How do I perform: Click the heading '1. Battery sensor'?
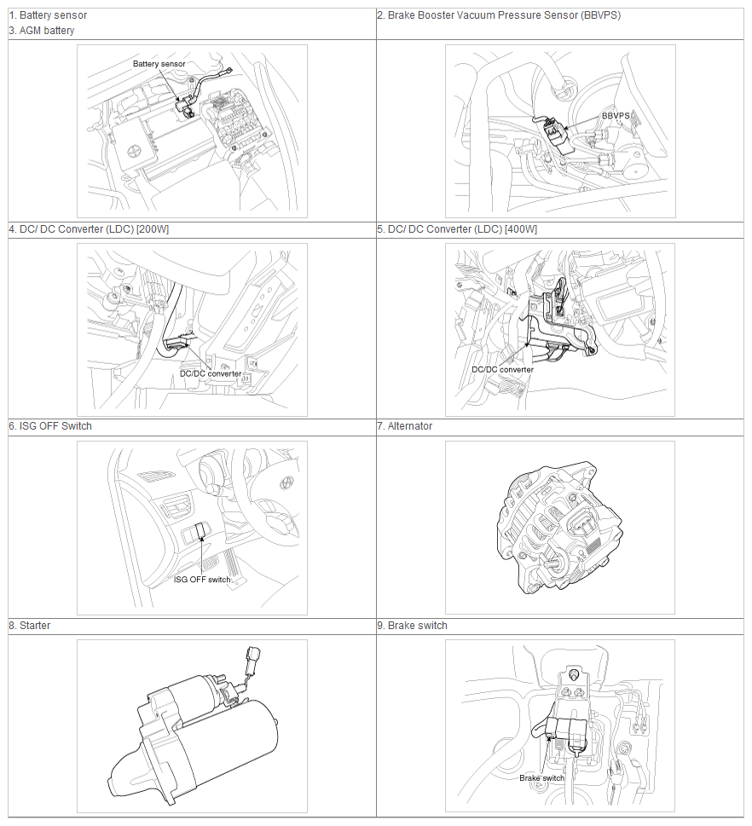pyautogui.click(x=48, y=15)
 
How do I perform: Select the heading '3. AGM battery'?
pyautogui.click(x=42, y=31)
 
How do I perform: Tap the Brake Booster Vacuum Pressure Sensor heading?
pyautogui.click(x=499, y=15)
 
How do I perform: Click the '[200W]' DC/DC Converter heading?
pyautogui.click(x=89, y=229)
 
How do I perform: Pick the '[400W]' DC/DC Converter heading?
pyautogui.click(x=457, y=229)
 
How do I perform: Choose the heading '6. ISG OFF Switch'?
pyautogui.click(x=50, y=425)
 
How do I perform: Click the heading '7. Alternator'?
pyautogui.click(x=405, y=425)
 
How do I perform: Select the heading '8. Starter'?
pyautogui.click(x=30, y=626)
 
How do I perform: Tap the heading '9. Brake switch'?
pyautogui.click(x=412, y=626)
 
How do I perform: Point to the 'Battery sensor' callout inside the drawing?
pyautogui.click(x=159, y=64)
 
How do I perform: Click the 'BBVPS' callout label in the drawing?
pyautogui.click(x=616, y=115)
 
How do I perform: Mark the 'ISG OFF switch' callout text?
pyautogui.click(x=202, y=580)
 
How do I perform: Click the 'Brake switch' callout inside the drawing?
pyautogui.click(x=541, y=777)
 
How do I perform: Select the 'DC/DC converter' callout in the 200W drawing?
pyautogui.click(x=211, y=373)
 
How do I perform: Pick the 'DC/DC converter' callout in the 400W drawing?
pyautogui.click(x=503, y=369)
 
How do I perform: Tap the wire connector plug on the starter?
pyautogui.click(x=252, y=661)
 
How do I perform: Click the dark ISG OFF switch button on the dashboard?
pyautogui.click(x=200, y=532)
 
